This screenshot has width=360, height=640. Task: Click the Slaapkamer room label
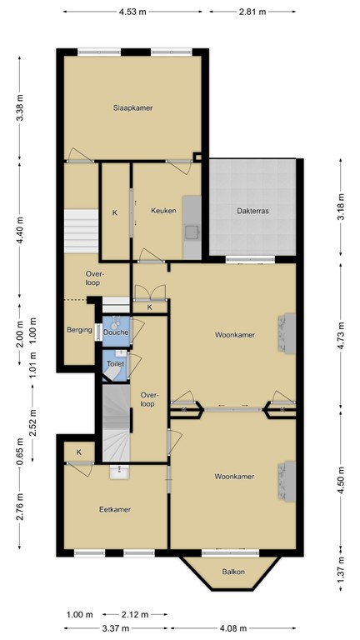coord(133,108)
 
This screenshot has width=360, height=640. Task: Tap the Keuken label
coord(163,211)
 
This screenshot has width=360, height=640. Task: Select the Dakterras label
coord(253,212)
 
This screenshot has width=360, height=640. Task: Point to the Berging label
coord(79,330)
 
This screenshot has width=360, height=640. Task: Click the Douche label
coord(116,332)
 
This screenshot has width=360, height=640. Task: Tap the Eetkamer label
coord(115,509)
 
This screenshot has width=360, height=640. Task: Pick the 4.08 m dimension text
coord(232,627)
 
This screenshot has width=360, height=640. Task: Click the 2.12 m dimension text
coord(129,615)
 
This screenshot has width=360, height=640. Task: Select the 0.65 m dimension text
coord(32,448)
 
